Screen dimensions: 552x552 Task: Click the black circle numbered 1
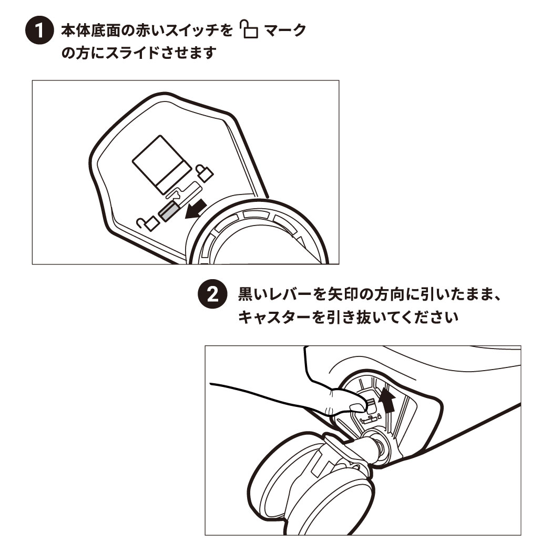(x=39, y=30)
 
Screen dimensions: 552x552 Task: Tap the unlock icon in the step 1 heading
(x=249, y=29)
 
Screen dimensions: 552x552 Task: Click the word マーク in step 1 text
(x=285, y=30)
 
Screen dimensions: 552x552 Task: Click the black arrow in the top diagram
(x=196, y=208)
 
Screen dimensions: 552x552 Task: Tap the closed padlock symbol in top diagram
(x=204, y=172)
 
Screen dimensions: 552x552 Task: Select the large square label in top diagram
(x=162, y=165)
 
